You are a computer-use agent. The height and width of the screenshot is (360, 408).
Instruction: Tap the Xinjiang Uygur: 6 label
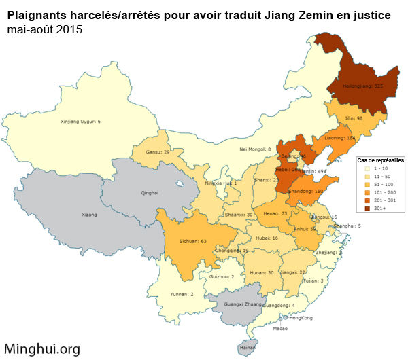[x=80, y=122]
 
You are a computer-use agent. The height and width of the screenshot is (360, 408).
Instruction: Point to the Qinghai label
[x=149, y=193]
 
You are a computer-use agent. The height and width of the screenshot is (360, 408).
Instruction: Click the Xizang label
[x=89, y=215]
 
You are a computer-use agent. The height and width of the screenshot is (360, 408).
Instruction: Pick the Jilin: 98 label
[x=354, y=118]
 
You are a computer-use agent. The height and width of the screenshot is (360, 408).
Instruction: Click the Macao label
[x=280, y=329]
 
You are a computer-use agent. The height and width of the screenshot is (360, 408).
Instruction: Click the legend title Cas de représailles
[x=380, y=160]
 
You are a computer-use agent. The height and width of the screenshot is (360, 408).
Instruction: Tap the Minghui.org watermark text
[x=42, y=348]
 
